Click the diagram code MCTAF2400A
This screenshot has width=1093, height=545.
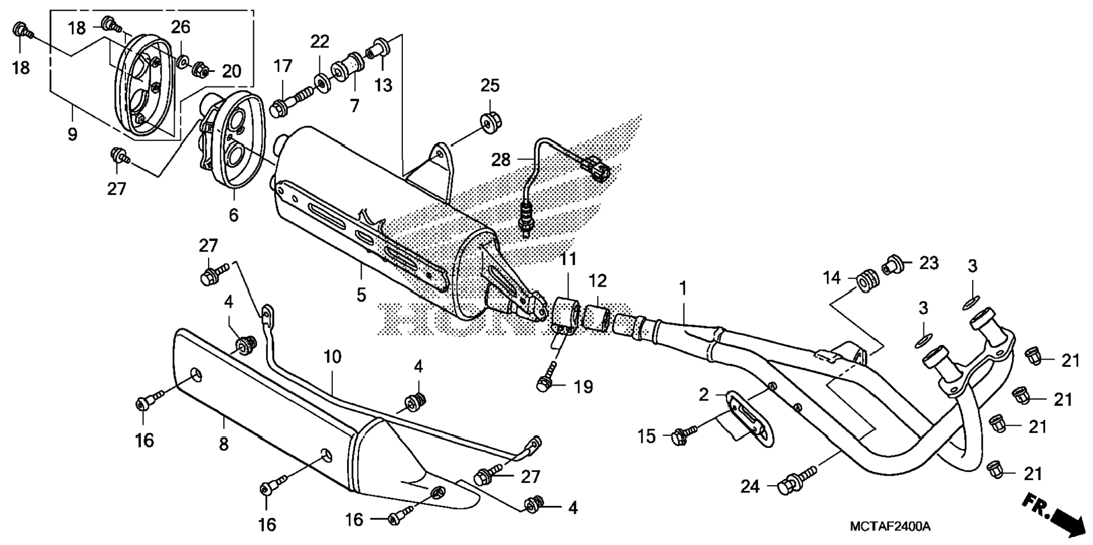(890, 527)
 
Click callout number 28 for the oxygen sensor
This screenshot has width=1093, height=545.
(501, 160)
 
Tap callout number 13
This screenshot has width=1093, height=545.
(383, 85)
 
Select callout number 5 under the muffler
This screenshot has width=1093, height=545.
(361, 295)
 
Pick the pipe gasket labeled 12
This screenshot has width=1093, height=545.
(597, 315)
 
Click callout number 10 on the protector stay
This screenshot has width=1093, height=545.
(332, 357)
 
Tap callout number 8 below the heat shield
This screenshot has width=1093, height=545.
(224, 444)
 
